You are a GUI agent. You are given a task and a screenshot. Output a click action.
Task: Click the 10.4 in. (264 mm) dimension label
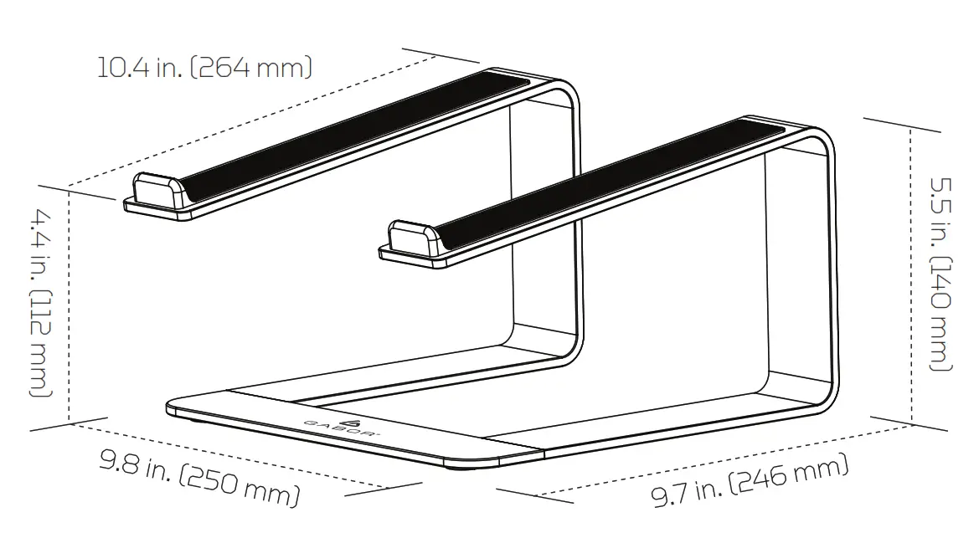click(x=204, y=67)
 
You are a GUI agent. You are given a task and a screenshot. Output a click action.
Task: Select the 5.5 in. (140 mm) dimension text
click(x=942, y=272)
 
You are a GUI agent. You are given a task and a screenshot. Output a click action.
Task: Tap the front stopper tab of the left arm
click(x=159, y=191)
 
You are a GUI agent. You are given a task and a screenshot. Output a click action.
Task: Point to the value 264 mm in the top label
click(x=255, y=67)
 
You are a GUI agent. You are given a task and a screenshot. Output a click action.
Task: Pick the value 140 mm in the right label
click(x=942, y=314)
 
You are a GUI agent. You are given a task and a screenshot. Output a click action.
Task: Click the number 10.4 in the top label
click(x=120, y=67)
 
